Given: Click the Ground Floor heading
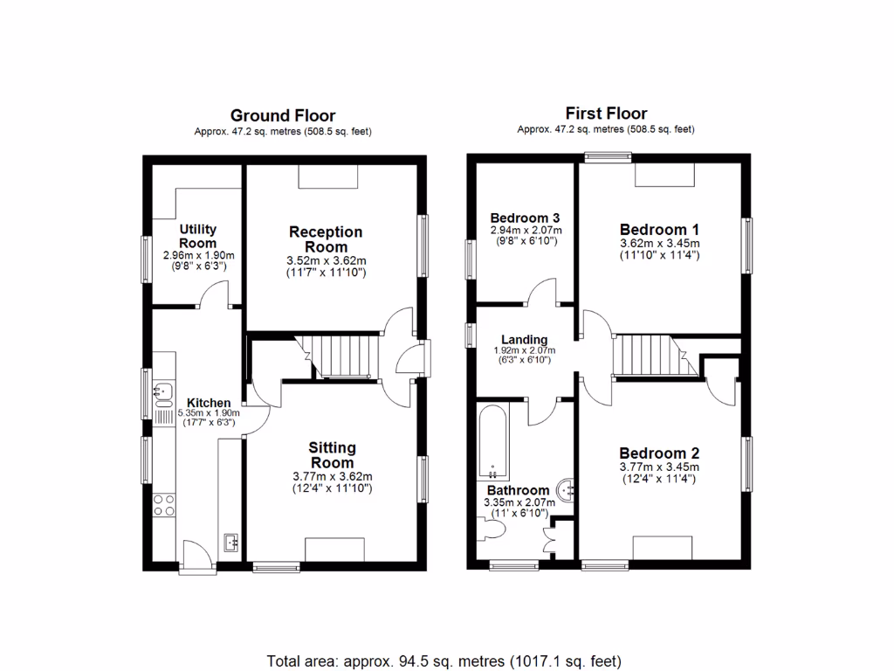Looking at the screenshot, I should [283, 115].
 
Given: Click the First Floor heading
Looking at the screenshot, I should [606, 114].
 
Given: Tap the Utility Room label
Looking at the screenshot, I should [197, 236].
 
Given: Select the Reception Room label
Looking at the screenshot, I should [326, 239].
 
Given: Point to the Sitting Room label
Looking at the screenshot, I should [332, 455].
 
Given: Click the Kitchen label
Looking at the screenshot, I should [209, 403].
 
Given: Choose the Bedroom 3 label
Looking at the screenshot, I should [525, 218].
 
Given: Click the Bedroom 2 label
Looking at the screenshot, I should [659, 453].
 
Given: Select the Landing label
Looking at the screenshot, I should [524, 340].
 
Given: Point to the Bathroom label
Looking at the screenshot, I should [518, 490].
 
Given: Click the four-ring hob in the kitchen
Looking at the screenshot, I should [163, 504].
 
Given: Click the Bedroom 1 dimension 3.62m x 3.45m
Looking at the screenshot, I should [659, 244].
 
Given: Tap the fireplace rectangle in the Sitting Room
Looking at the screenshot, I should [334, 550].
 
